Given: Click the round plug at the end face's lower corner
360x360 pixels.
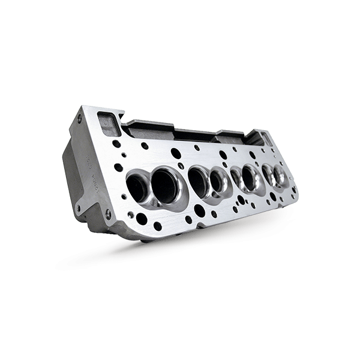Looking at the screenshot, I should click(x=108, y=213).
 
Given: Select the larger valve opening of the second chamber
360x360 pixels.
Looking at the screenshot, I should click(x=199, y=179).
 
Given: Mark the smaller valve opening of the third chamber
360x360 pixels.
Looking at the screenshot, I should click(x=236, y=176).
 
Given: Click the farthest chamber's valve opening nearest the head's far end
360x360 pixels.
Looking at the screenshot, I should click(x=280, y=175).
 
